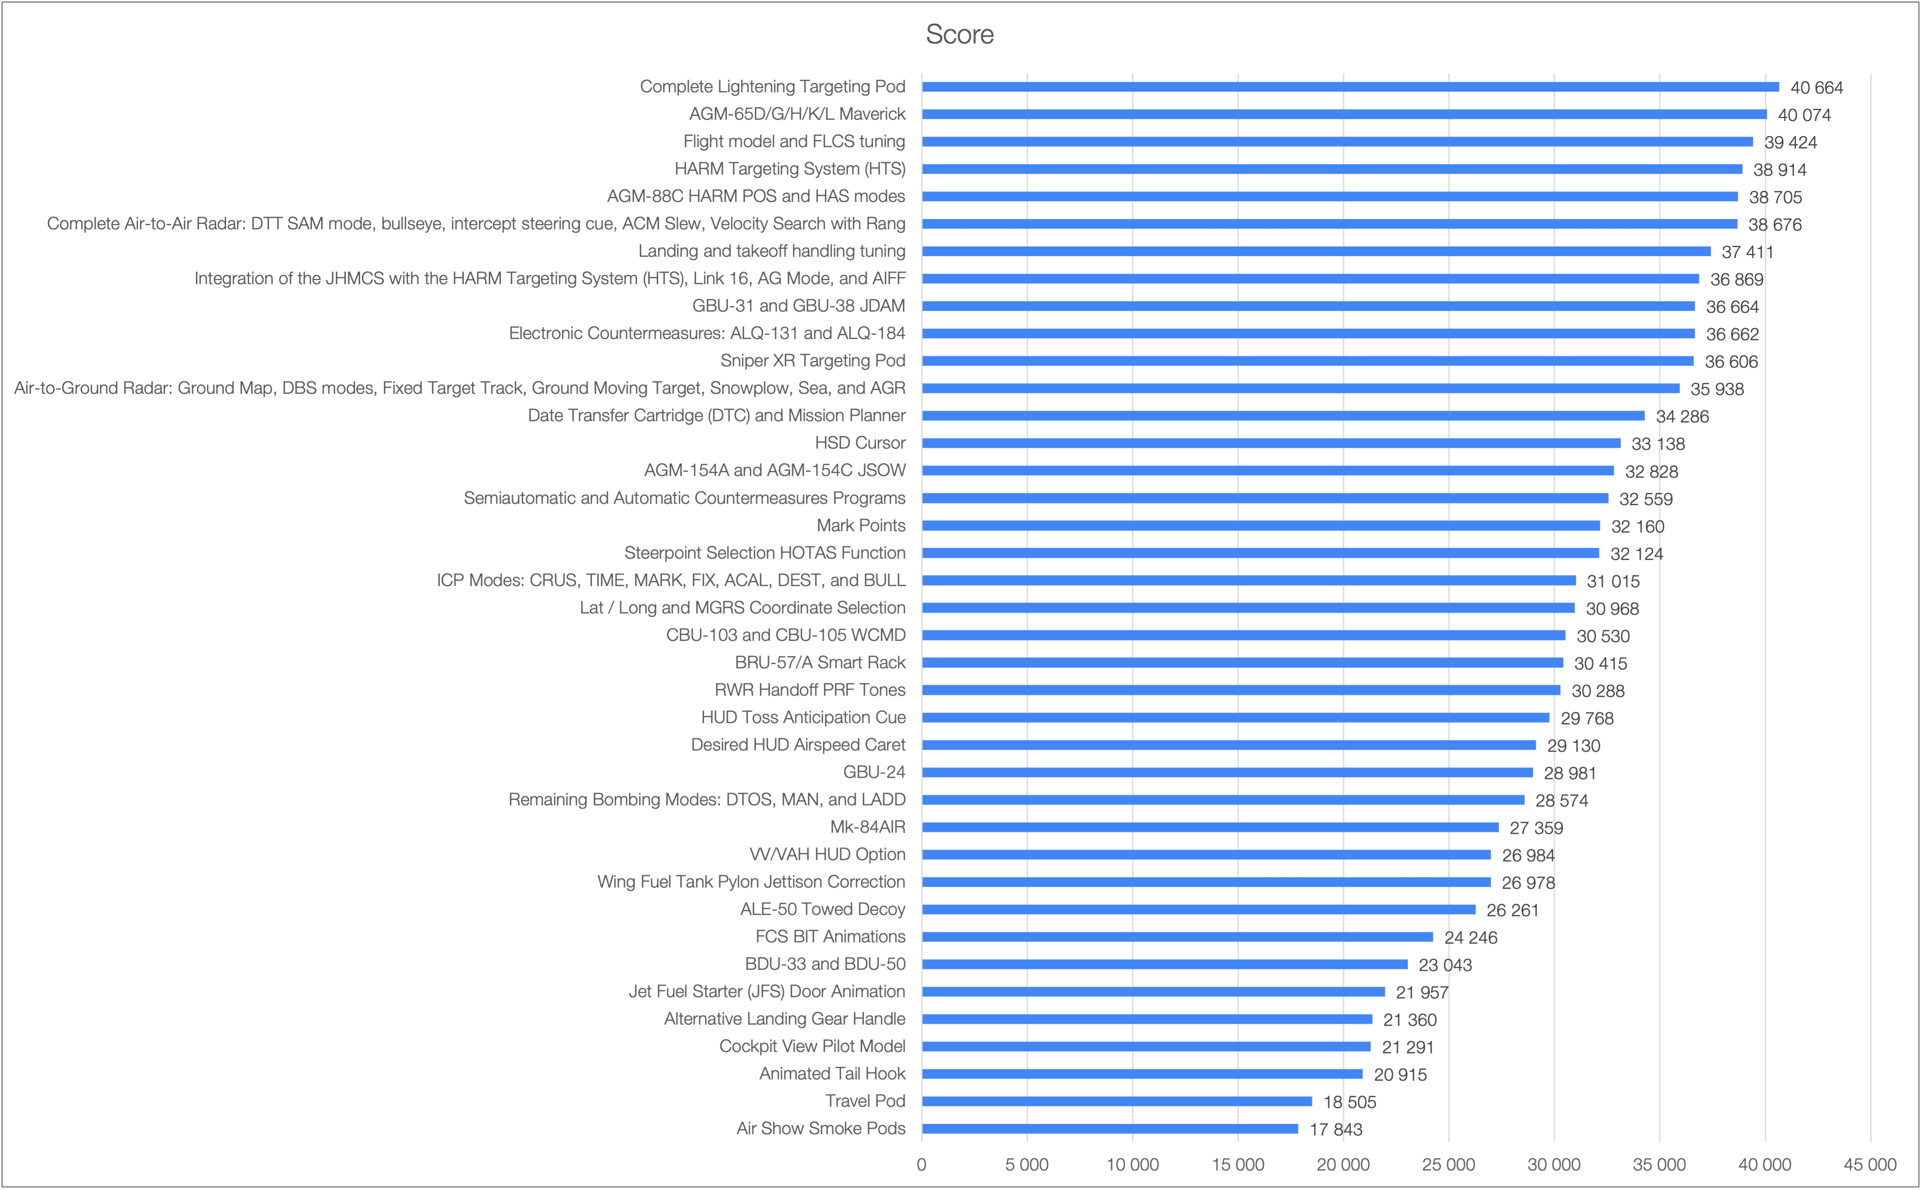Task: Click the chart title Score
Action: [x=959, y=35]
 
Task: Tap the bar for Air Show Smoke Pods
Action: [x=1109, y=1128]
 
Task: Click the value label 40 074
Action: [x=1804, y=115]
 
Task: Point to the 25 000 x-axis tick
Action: [x=1448, y=1165]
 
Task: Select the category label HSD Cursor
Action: [x=860, y=443]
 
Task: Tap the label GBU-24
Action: [x=874, y=772]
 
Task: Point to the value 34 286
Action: [x=1682, y=416]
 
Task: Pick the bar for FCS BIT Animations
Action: [x=1177, y=937]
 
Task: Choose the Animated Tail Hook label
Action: [x=832, y=1074]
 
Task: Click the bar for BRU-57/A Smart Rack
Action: [x=1242, y=663]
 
